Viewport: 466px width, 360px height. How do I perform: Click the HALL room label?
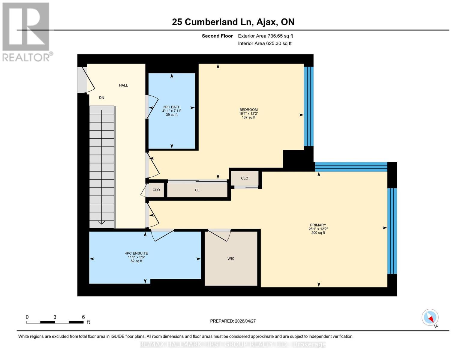click(x=123, y=85)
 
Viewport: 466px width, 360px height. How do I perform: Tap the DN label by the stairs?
click(x=102, y=98)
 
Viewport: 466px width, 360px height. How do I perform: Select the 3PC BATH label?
click(x=172, y=107)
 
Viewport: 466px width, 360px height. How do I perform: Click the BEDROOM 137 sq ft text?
click(x=248, y=117)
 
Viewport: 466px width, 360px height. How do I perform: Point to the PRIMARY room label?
click(x=318, y=225)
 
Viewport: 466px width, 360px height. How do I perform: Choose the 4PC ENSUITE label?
click(x=136, y=253)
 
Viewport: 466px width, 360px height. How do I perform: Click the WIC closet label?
click(x=231, y=259)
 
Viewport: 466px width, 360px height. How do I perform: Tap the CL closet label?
click(x=197, y=190)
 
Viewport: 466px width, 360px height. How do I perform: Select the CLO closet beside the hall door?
click(x=156, y=190)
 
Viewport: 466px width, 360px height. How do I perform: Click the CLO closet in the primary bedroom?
click(x=245, y=178)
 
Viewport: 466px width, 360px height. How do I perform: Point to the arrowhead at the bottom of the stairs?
click(x=101, y=222)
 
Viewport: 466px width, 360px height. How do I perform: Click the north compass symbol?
click(x=430, y=318)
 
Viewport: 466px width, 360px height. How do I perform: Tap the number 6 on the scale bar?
click(x=83, y=317)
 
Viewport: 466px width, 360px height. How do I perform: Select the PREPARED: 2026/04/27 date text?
click(x=233, y=321)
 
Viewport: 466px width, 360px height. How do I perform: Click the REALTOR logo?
click(x=26, y=31)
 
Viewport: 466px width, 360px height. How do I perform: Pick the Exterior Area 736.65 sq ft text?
click(x=265, y=36)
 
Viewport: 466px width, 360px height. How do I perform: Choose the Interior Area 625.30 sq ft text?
click(x=265, y=43)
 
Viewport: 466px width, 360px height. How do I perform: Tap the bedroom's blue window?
click(x=308, y=106)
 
